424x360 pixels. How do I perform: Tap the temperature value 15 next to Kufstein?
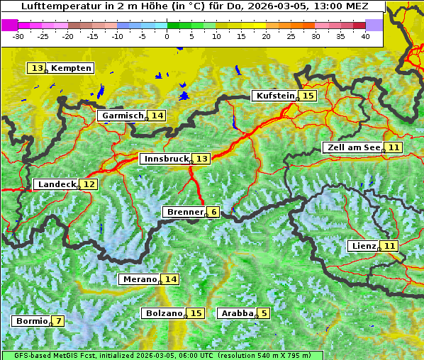coord(308,96)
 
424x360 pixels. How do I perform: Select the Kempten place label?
coord(71,68)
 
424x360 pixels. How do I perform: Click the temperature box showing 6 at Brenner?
coord(213,212)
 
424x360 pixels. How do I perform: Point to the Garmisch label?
coord(122,116)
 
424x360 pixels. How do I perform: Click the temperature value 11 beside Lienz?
coord(390,246)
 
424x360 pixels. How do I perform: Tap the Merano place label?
coord(139,279)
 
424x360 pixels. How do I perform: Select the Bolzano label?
coord(164,313)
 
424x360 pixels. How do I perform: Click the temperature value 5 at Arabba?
coord(264,313)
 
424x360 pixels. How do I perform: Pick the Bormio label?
coord(31,321)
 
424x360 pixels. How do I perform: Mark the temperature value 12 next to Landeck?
coord(89,184)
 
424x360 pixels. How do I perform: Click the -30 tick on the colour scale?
coord(18,35)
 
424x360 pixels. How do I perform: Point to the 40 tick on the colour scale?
coord(365,35)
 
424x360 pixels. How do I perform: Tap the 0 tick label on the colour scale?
coord(167,35)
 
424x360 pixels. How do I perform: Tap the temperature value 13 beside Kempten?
coord(37,68)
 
